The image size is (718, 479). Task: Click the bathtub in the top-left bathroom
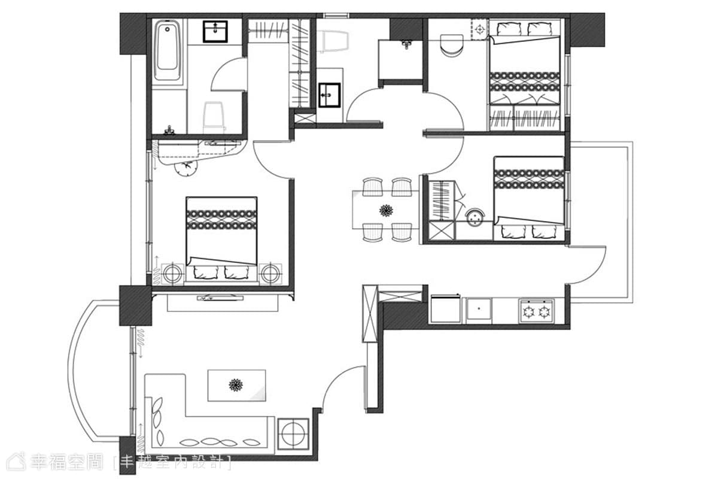167,50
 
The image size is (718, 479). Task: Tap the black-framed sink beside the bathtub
215,32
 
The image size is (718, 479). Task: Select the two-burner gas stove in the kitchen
537,311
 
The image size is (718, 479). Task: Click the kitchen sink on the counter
479,308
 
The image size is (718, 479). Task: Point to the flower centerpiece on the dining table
386,211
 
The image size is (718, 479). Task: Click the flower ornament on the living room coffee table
236,385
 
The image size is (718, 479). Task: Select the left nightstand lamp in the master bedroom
172,274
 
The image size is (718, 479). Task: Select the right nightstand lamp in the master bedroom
271,274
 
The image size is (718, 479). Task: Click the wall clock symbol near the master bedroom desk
185,167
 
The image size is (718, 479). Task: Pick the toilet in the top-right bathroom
452,46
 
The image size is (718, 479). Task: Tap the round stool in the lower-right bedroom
475,217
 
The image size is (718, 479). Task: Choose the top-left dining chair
372,187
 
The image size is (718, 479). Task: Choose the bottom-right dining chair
401,232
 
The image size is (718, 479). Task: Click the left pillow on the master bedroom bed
206,272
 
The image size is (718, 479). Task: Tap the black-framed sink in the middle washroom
330,95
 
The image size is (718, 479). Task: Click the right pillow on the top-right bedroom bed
540,29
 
